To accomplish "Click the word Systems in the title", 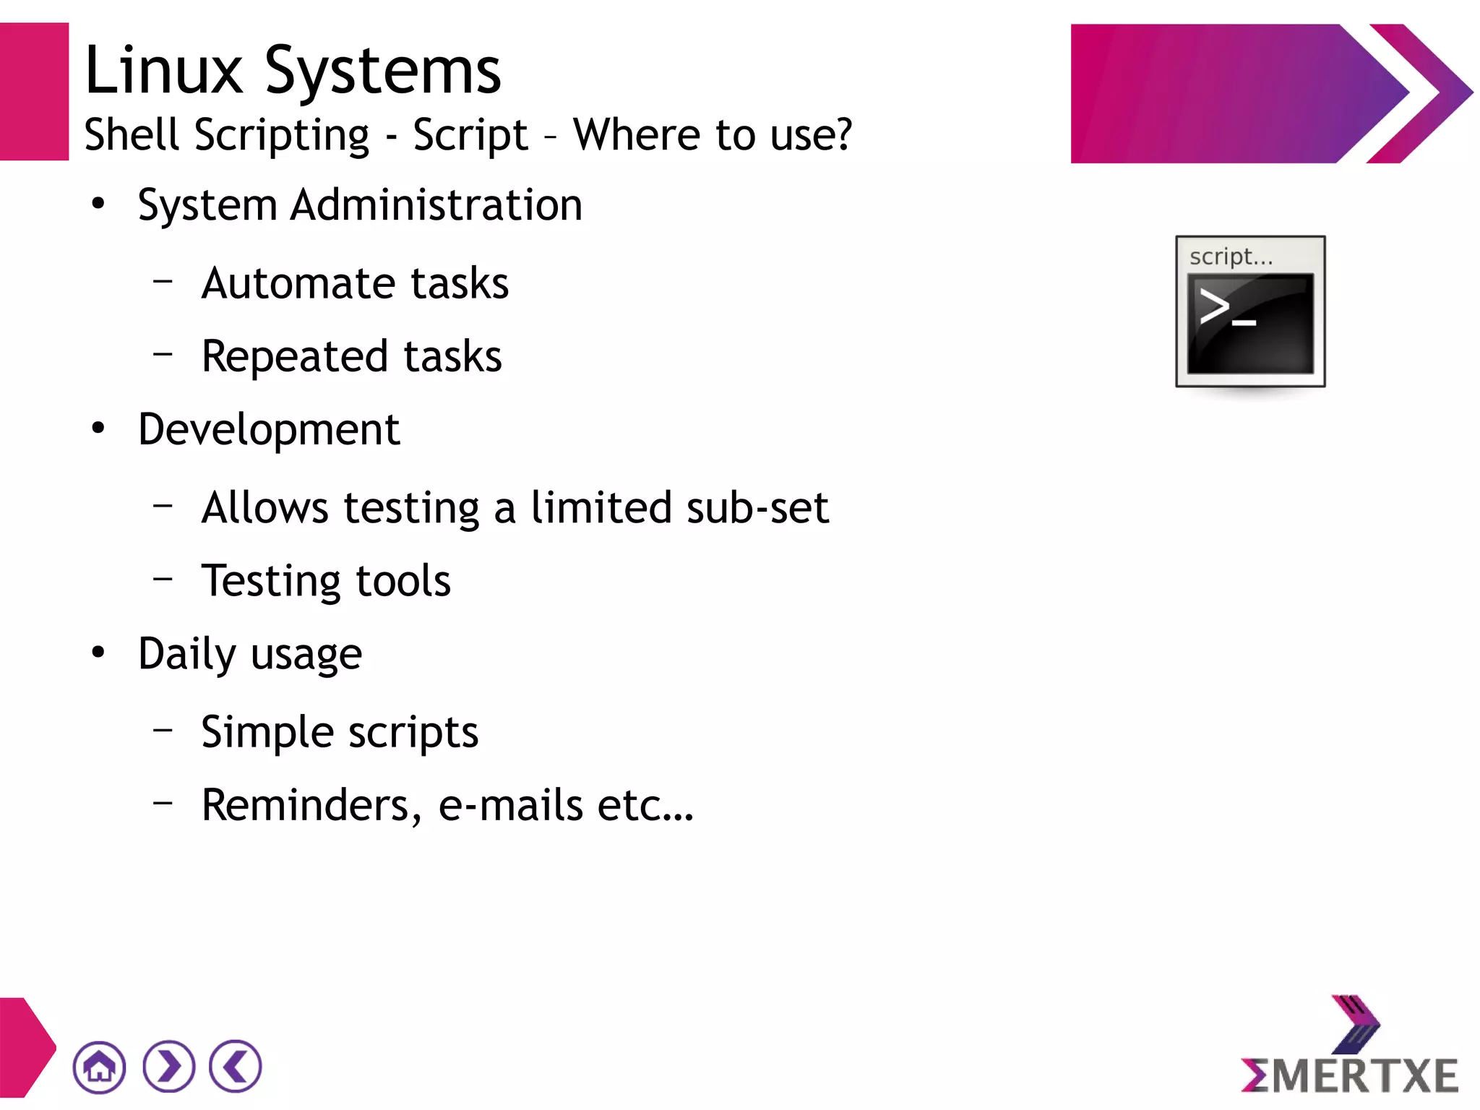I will [382, 72].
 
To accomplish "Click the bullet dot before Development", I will [98, 429].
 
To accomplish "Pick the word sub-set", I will [757, 507].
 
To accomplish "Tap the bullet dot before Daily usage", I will [98, 653].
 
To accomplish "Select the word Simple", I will [267, 733].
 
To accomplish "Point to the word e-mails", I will [510, 805].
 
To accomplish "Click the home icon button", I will [99, 1067].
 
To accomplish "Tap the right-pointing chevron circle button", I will [168, 1066].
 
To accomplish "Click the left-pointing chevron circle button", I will [236, 1066].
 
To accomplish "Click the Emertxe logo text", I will [1350, 1075].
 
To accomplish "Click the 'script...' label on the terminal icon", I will [1231, 257].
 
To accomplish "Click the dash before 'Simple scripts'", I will [163, 730].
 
